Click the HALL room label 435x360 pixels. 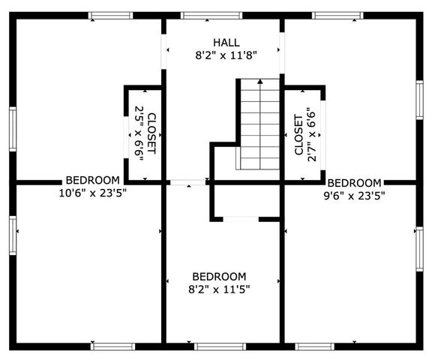[x=226, y=43]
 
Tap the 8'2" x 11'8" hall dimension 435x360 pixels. [x=226, y=55]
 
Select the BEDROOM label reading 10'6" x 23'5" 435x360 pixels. [x=93, y=180]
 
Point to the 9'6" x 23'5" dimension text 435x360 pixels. [x=355, y=196]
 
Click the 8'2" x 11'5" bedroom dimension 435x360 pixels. [x=219, y=289]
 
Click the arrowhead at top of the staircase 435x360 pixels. [x=260, y=81]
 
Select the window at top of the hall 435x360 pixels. [x=211, y=16]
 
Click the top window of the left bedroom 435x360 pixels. [x=111, y=16]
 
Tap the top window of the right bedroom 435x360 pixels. [x=337, y=16]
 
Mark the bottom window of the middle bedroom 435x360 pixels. [x=220, y=346]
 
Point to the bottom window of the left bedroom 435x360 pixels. [x=112, y=346]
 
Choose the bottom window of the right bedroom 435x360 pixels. [x=315, y=346]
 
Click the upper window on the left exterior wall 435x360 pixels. [x=13, y=129]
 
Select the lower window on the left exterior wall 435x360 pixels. [x=13, y=235]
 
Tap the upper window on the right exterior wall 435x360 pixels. [x=420, y=100]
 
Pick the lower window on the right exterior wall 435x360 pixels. [x=420, y=249]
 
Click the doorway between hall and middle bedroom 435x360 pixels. [x=187, y=182]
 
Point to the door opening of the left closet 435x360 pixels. [x=126, y=137]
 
